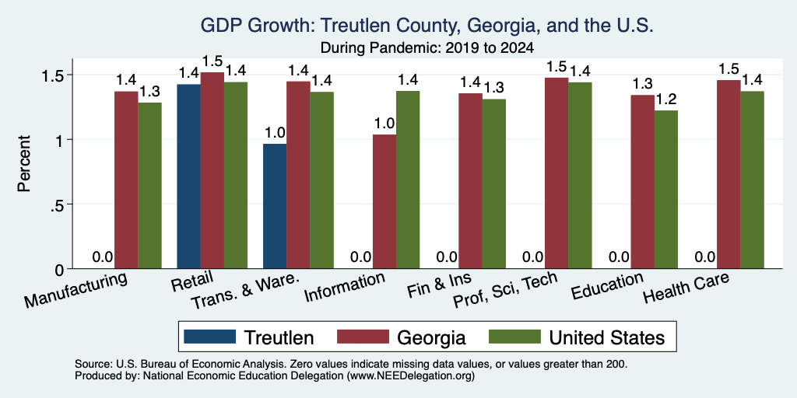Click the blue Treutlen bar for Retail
(x=188, y=176)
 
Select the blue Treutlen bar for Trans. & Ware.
(x=275, y=206)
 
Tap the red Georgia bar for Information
(x=384, y=201)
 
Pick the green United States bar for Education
(x=666, y=190)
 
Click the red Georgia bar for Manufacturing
(x=126, y=180)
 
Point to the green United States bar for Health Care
(x=753, y=180)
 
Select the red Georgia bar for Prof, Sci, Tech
(x=556, y=173)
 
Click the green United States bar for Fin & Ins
(x=494, y=183)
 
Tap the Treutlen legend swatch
(x=210, y=337)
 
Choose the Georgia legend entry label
(x=431, y=337)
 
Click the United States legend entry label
(x=607, y=337)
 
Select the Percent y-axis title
(x=24, y=163)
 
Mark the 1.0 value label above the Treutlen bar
(x=275, y=133)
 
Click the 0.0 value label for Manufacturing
(x=103, y=257)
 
